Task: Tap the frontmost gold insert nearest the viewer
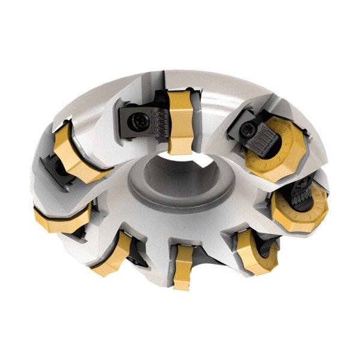182,264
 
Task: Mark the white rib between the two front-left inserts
90,240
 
